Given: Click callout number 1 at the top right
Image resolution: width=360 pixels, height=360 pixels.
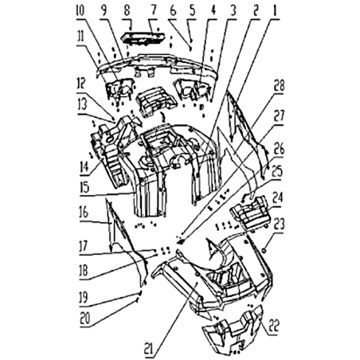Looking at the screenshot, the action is click(x=275, y=11).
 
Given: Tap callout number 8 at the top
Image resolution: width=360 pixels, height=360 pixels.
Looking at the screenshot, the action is click(x=127, y=11).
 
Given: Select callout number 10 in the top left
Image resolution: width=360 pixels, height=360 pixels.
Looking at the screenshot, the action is click(x=80, y=11).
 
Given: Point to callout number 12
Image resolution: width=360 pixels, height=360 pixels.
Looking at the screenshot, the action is click(x=80, y=84).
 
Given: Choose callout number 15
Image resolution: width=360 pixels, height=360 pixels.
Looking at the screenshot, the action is click(x=84, y=188).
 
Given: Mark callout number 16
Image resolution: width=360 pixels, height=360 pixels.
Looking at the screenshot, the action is click(x=84, y=213).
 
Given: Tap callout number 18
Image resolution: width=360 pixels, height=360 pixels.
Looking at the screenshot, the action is click(x=84, y=272).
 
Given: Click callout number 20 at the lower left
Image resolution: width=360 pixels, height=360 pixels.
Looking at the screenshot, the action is click(x=84, y=319).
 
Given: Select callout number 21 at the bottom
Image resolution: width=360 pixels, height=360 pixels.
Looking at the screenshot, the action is click(x=149, y=348).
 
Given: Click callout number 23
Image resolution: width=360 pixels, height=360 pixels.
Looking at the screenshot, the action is click(x=279, y=225).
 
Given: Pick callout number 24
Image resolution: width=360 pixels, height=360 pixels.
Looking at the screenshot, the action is click(x=278, y=198).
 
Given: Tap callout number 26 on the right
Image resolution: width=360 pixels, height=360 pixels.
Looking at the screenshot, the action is click(x=279, y=149).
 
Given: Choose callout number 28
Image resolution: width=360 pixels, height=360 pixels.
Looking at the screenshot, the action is click(x=280, y=86).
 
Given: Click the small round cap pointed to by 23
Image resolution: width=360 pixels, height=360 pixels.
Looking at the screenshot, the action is click(x=264, y=249).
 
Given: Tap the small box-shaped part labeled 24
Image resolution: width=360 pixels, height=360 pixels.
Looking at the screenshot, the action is click(x=251, y=213).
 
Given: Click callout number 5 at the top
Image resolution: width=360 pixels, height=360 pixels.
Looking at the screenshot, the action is click(x=192, y=11).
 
